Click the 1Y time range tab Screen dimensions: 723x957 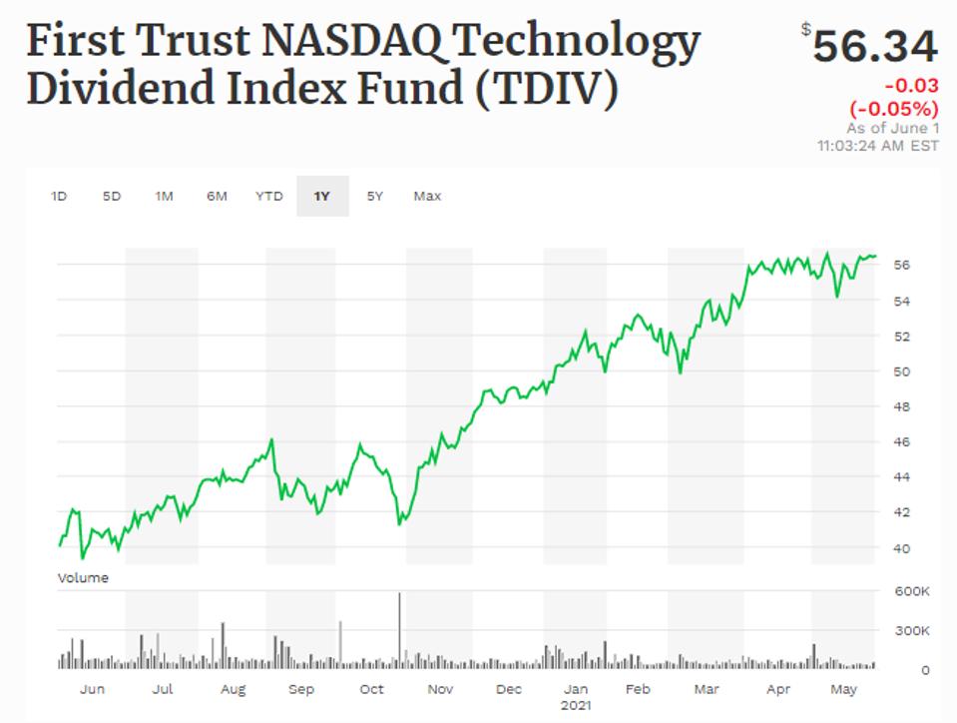(321, 197)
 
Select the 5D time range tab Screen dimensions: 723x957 (111, 197)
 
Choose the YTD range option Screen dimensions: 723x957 (268, 197)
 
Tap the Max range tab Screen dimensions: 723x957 (427, 197)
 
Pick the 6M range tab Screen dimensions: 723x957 (217, 197)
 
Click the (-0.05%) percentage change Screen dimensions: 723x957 (894, 109)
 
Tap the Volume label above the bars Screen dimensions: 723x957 (83, 577)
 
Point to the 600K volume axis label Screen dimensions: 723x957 (912, 591)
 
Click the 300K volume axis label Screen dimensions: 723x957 (912, 631)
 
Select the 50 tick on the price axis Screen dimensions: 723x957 (902, 371)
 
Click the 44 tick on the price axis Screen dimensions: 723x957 (902, 477)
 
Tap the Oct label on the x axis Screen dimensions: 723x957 (371, 689)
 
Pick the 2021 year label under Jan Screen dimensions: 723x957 (576, 704)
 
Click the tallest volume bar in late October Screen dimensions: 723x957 (400, 629)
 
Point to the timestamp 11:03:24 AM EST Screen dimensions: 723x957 (877, 146)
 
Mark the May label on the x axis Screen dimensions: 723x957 (844, 689)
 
